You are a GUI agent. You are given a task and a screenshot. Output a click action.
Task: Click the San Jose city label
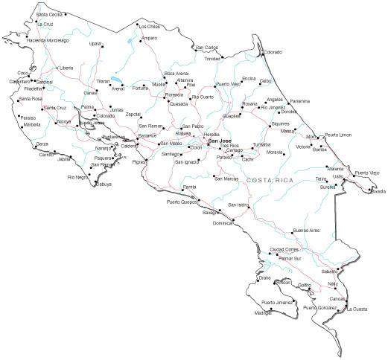tap(220, 141)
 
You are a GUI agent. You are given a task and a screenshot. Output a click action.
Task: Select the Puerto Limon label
tap(337, 135)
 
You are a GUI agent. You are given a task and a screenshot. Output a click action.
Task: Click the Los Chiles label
tap(149, 26)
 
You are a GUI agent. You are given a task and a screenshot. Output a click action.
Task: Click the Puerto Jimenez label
tap(276, 303)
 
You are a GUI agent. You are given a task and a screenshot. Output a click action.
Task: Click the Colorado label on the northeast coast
tap(272, 52)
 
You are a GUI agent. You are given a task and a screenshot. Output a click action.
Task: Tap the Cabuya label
tap(103, 184)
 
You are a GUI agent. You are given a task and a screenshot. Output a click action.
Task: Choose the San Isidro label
tap(238, 205)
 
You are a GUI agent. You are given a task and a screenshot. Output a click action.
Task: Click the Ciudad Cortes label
tap(284, 249)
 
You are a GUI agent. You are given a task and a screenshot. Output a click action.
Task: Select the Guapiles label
tap(232, 116)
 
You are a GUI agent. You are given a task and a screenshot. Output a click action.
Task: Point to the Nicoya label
tap(64, 120)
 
